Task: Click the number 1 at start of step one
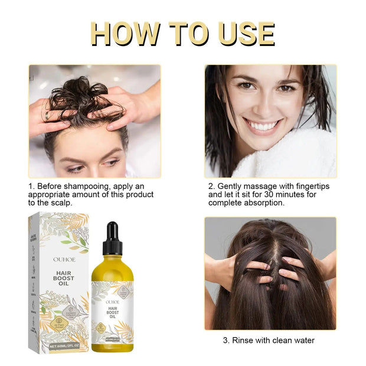point(31,186)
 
